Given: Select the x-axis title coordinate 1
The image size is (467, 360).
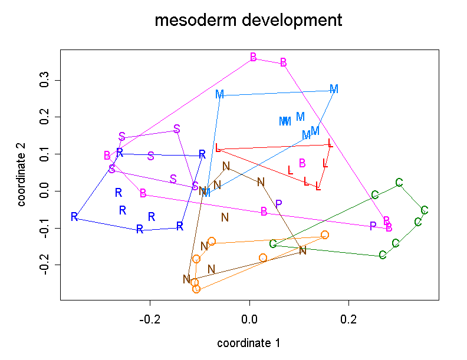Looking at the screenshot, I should point(248,343).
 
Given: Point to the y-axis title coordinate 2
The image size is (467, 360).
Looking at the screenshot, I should point(22,179).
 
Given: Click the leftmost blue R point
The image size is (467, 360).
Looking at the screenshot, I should point(74,217).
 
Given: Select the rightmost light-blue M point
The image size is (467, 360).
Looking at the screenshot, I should point(334,89).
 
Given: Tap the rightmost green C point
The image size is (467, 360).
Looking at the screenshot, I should point(424,210).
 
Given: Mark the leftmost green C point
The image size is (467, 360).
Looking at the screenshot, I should point(273,244).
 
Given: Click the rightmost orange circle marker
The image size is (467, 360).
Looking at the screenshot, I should point(325,235).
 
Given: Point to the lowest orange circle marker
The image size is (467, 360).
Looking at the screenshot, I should point(196,289).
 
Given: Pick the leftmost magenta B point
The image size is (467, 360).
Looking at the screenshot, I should point(107,156).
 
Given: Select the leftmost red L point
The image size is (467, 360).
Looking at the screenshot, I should point(218,148).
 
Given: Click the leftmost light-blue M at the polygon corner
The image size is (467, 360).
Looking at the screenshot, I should point(220,94).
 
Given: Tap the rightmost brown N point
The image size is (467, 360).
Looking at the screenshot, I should point(302,250).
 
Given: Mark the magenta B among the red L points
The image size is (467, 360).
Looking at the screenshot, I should point(302,163).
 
